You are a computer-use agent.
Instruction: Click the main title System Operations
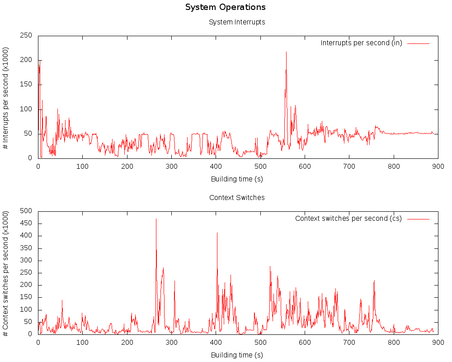click(225, 7)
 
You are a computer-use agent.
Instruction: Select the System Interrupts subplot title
click(237, 22)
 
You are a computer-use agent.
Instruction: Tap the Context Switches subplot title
click(237, 197)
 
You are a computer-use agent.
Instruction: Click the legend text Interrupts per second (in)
click(361, 43)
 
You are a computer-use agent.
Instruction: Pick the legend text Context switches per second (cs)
click(348, 219)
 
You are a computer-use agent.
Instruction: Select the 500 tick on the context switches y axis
click(26, 211)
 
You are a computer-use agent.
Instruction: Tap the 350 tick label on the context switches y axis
click(26, 248)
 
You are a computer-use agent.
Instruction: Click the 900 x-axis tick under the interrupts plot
click(438, 167)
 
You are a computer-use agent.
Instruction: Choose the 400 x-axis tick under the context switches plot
click(216, 343)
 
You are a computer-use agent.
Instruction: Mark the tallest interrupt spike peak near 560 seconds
click(286, 52)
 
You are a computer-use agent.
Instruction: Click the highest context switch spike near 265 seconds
click(156, 219)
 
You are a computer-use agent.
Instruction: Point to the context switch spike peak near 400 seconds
click(217, 233)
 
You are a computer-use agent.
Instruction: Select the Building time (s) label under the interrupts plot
click(237, 179)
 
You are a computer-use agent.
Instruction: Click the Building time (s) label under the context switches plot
click(237, 355)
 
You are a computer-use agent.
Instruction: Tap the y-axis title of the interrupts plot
click(6, 98)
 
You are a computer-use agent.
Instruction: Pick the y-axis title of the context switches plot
click(6, 273)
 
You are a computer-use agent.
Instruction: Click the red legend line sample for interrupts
click(418, 43)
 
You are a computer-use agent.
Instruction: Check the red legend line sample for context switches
click(418, 219)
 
